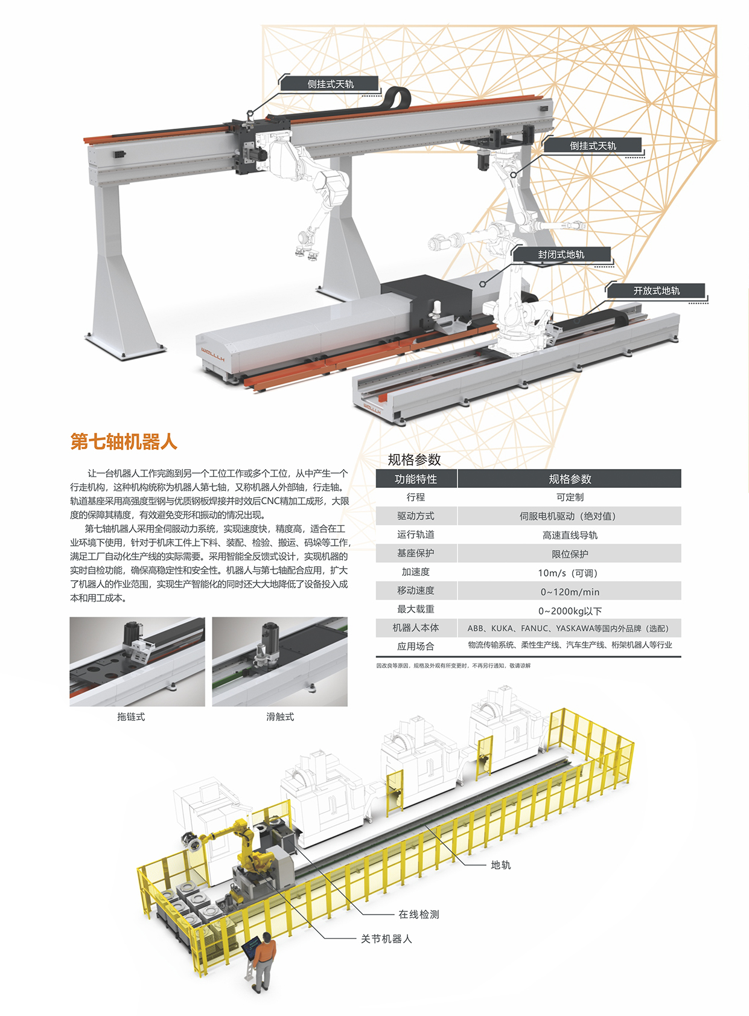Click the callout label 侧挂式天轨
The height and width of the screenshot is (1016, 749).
(x=330, y=84)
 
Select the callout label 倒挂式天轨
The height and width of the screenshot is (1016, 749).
(x=593, y=145)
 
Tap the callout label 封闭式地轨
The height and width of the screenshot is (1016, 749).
(x=561, y=255)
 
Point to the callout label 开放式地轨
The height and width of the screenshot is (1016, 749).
(x=656, y=291)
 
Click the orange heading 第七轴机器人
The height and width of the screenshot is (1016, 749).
(x=123, y=441)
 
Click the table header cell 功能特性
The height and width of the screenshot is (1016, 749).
(x=416, y=479)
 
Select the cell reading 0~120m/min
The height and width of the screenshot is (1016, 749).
(x=570, y=592)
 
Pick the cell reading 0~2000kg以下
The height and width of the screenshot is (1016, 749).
(x=570, y=611)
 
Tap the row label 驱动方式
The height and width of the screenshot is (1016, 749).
(x=416, y=516)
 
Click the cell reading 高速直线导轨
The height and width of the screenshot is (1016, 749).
(x=570, y=535)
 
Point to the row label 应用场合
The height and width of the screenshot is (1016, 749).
(x=416, y=647)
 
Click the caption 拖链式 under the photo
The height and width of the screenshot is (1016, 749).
(x=131, y=717)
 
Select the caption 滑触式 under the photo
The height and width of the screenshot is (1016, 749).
(x=279, y=717)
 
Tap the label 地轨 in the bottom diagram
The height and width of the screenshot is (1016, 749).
(x=500, y=865)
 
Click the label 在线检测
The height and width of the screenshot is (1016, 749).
(x=419, y=915)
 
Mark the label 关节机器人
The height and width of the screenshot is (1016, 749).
(x=386, y=939)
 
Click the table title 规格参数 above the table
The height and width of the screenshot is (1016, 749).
(x=414, y=460)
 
